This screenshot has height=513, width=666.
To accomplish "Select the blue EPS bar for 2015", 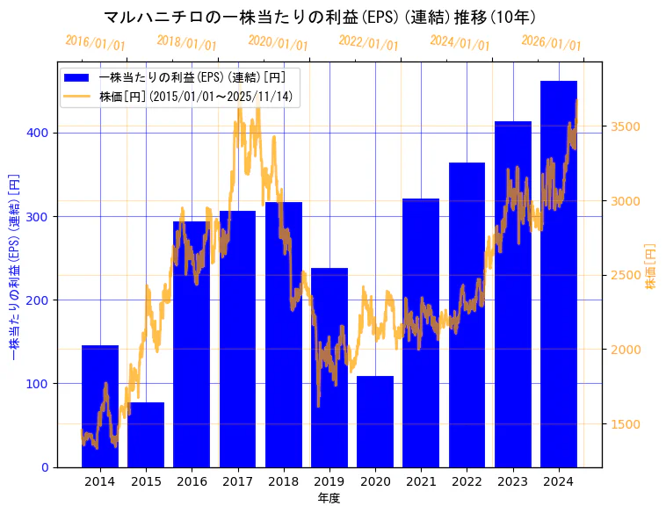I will click(x=146, y=435).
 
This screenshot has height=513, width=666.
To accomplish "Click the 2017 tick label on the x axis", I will click(x=238, y=481).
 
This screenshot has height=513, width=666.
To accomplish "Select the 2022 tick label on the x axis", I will click(x=467, y=481).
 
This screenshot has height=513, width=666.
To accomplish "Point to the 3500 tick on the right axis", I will click(x=626, y=126).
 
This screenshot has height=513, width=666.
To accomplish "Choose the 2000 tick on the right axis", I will click(x=626, y=350).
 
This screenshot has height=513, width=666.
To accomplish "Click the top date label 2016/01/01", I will click(x=95, y=43).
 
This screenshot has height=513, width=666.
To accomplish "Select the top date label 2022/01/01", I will click(x=368, y=43).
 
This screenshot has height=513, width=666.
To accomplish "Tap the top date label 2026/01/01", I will click(x=551, y=43).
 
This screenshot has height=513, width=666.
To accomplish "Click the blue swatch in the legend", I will click(x=76, y=77).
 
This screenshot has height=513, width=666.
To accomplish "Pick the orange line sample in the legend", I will click(x=76, y=96).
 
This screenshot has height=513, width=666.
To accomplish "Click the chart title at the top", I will click(x=321, y=17).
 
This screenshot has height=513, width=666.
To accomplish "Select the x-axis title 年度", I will click(x=329, y=498).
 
